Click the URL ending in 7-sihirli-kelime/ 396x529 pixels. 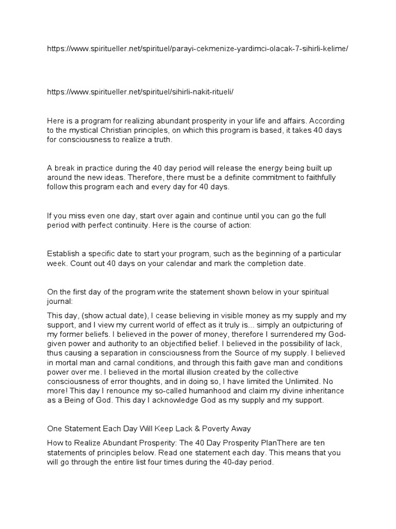197,48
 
